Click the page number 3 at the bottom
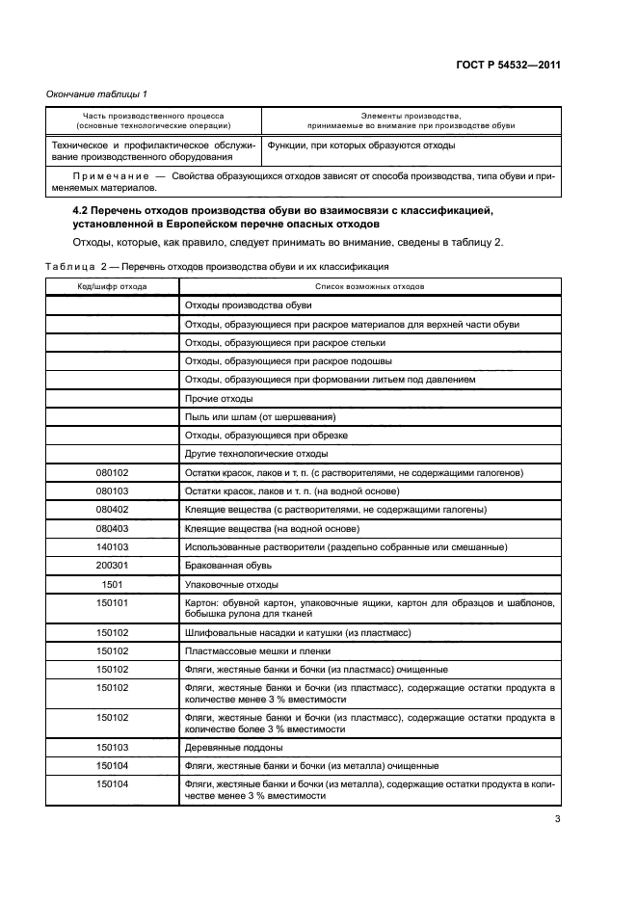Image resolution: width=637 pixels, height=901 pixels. tap(557, 820)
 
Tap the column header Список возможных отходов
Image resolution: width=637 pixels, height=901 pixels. tap(370, 286)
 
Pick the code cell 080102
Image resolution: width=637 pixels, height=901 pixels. tap(112, 473)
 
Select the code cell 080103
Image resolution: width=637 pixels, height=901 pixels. tap(112, 491)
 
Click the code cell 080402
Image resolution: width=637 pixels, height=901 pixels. tap(112, 510)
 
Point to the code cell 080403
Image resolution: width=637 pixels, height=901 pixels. tap(112, 528)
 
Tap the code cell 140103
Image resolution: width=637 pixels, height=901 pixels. tap(112, 547)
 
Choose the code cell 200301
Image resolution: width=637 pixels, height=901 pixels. tap(112, 566)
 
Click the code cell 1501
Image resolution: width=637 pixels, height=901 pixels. tap(112, 584)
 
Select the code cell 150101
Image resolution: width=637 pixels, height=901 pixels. tap(112, 602)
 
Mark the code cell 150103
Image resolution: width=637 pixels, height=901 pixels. tap(112, 747)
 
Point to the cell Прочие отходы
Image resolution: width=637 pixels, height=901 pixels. tap(218, 398)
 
